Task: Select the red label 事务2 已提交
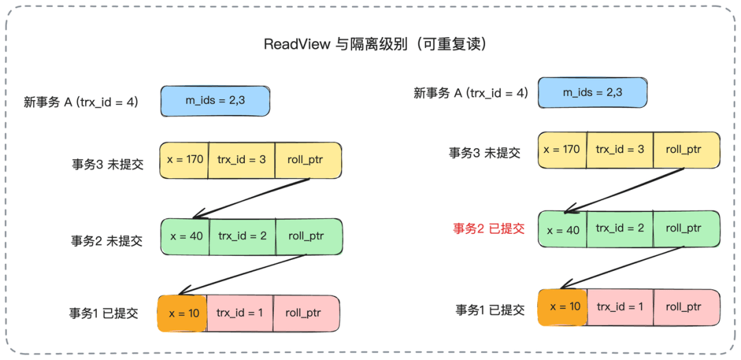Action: (489, 228)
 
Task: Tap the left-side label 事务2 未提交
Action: (107, 241)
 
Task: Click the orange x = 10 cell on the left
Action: (183, 313)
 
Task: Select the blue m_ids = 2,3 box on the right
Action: (592, 92)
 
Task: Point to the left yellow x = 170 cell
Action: (185, 160)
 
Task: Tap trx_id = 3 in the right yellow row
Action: (620, 149)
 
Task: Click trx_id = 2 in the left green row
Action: (242, 236)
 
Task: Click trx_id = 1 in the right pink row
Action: (620, 307)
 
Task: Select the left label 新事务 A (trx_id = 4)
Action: (81, 102)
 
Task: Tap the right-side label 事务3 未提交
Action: (484, 153)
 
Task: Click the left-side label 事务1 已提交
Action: (104, 313)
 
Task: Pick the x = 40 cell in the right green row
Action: (563, 230)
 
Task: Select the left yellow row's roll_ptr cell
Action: (307, 160)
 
